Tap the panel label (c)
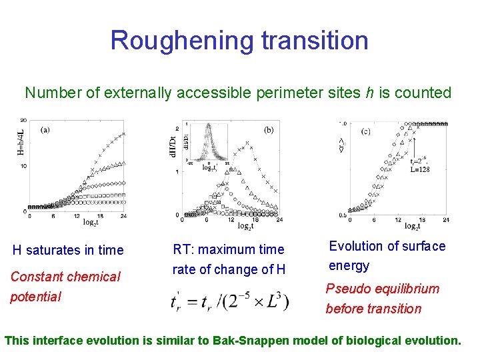coord(365,131)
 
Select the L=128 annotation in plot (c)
coord(419,169)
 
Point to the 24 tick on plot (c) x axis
coord(445,219)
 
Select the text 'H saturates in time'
coord(68,250)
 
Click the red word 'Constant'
coord(37,276)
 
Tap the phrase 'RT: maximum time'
coord(228,249)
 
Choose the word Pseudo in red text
coord(346,289)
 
